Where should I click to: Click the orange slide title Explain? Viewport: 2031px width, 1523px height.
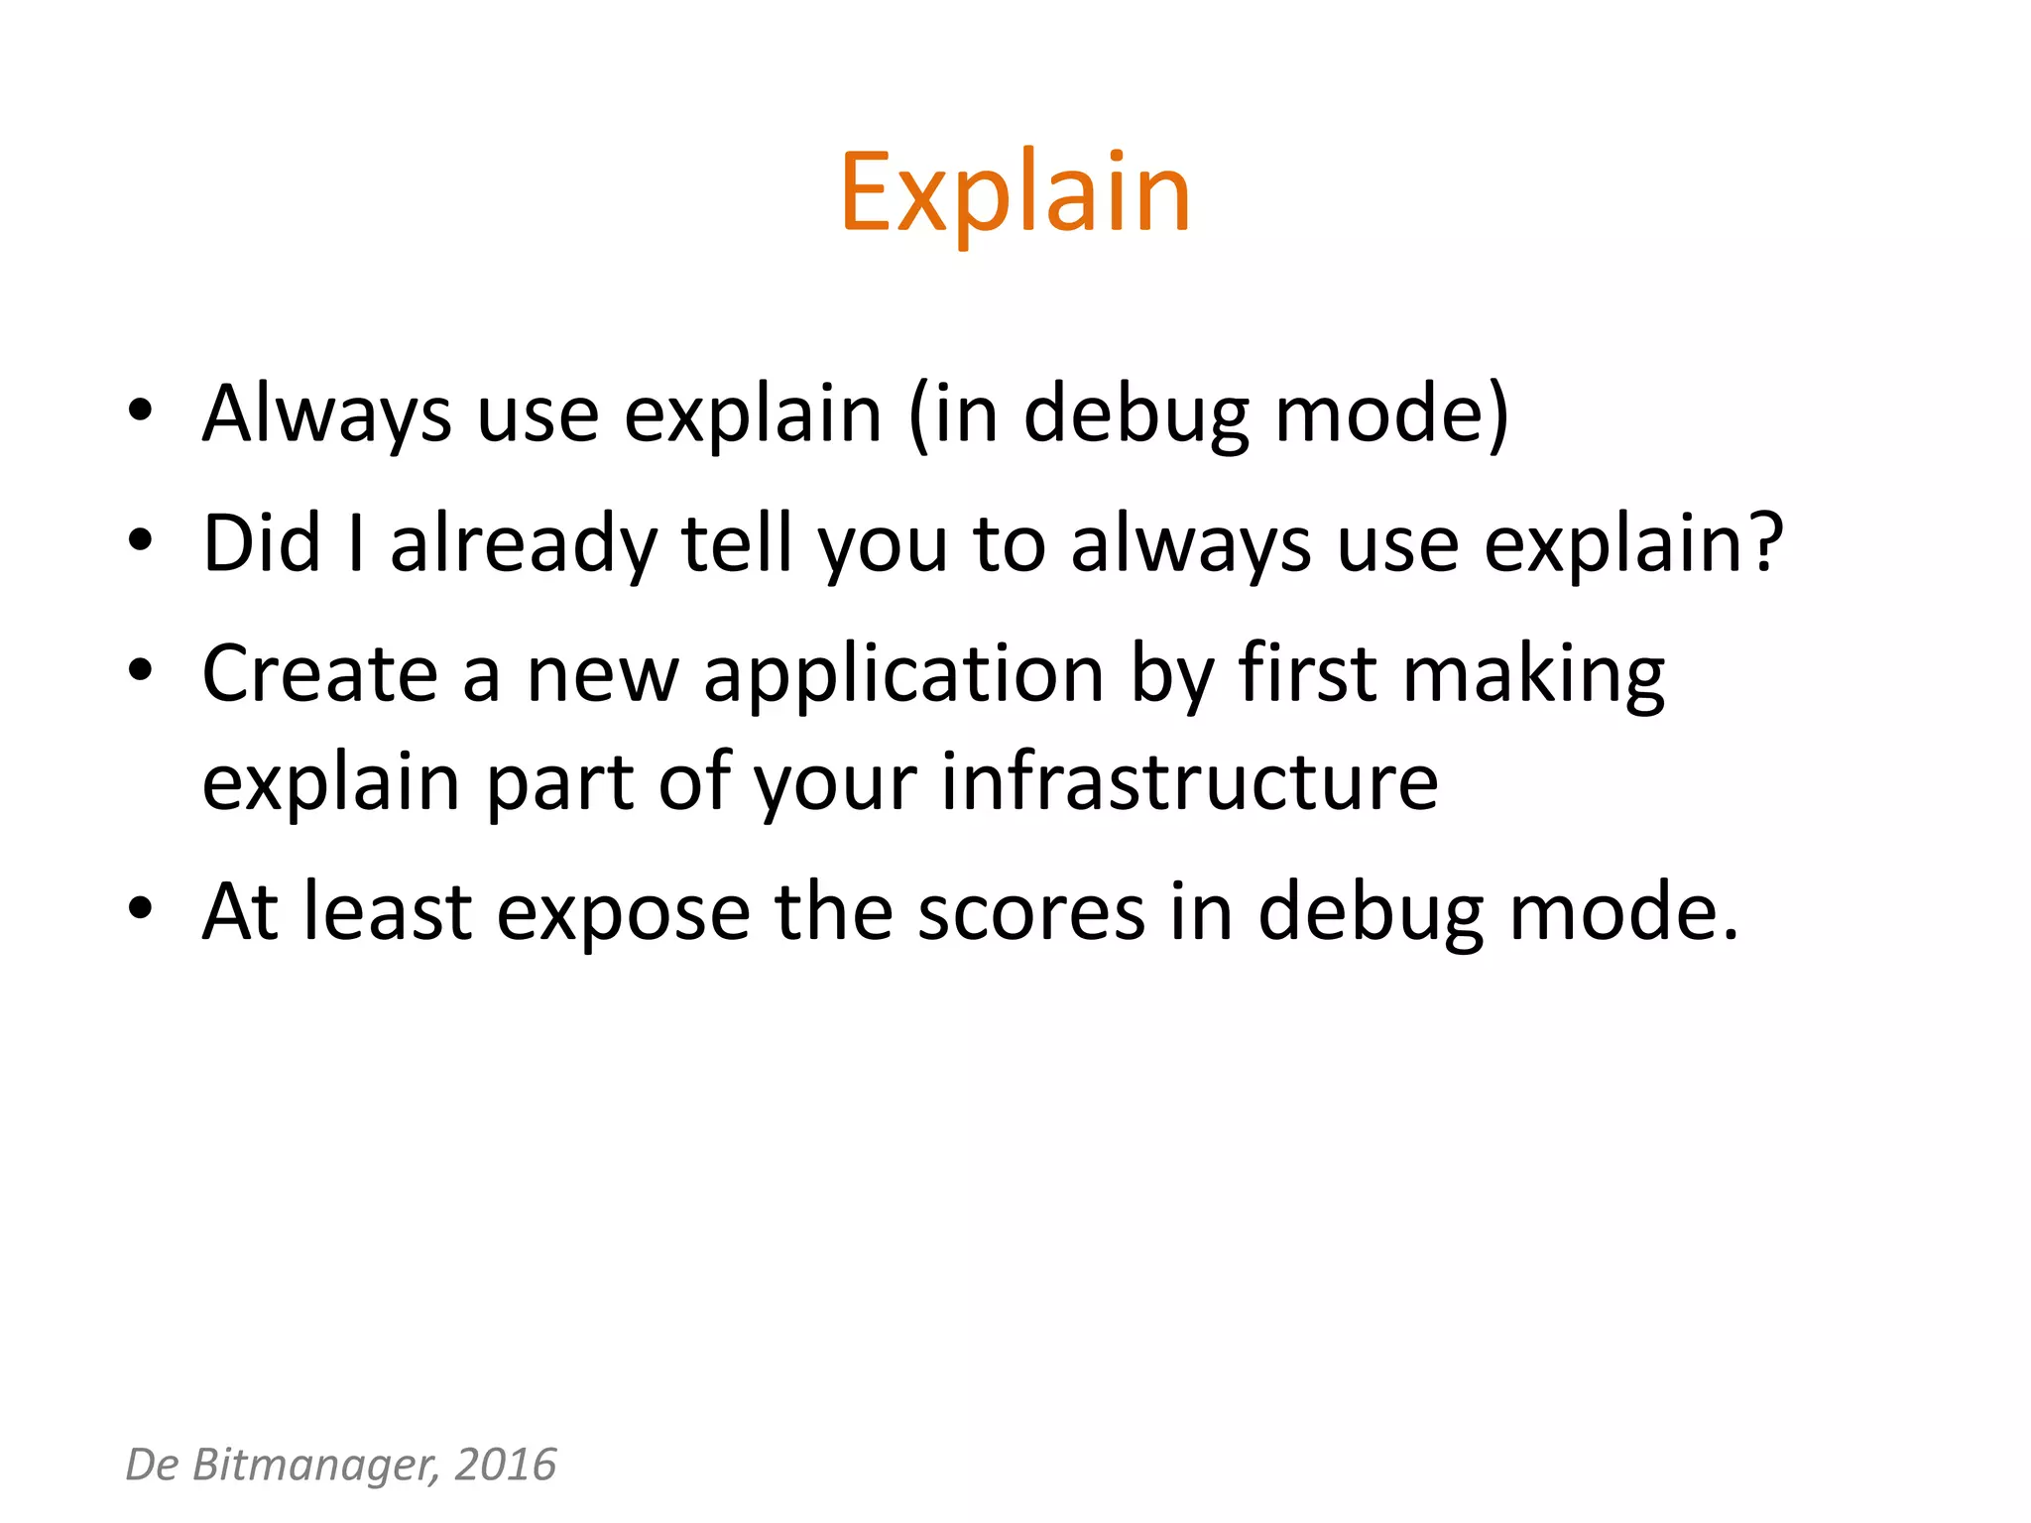[x=1015, y=193]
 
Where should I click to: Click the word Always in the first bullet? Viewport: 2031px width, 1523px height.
[x=326, y=414]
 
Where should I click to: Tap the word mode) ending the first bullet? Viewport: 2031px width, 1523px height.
[x=1391, y=414]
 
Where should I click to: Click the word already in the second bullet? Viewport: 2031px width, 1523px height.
[x=523, y=545]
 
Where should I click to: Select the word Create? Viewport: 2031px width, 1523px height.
[x=319, y=674]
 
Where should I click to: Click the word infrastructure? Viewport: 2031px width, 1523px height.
[x=1189, y=783]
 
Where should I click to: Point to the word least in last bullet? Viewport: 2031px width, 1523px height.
[x=387, y=912]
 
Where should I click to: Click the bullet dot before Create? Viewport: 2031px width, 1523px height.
[x=140, y=670]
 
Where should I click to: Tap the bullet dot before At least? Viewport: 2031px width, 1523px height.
[x=140, y=907]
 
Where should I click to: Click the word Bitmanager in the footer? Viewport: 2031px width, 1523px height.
[x=314, y=1465]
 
